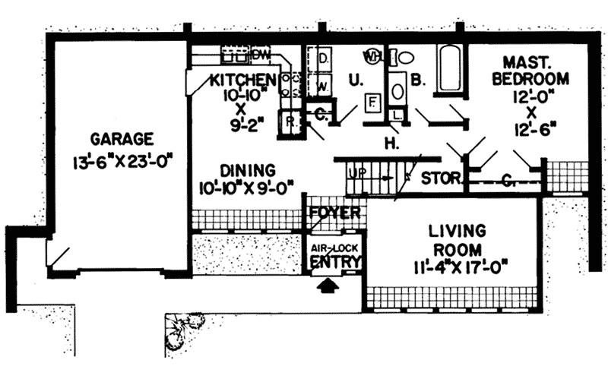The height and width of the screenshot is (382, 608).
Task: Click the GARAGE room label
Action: (x=122, y=139)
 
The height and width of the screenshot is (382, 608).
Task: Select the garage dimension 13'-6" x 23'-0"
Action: (x=122, y=160)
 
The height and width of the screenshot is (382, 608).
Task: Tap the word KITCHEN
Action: (x=242, y=79)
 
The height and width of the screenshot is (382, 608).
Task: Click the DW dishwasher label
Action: (x=261, y=55)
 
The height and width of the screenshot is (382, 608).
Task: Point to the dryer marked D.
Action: (x=322, y=58)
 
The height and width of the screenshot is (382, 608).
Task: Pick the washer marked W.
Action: (x=322, y=86)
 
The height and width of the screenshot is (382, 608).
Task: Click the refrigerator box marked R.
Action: (x=290, y=120)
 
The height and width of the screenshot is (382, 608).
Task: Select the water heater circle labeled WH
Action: (x=374, y=56)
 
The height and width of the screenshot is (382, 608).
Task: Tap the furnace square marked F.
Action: (x=372, y=101)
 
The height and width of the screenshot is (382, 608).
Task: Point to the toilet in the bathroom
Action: (x=405, y=58)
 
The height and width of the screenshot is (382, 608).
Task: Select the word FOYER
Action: (x=334, y=213)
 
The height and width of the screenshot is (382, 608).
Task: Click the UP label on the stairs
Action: (x=356, y=173)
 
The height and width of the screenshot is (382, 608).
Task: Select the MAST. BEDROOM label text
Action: (x=530, y=71)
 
